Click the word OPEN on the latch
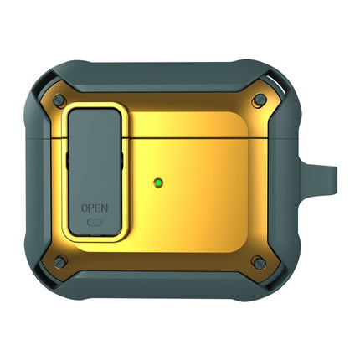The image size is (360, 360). (93, 206)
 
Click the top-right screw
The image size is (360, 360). (260, 100)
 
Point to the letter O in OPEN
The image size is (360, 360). (83, 206)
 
